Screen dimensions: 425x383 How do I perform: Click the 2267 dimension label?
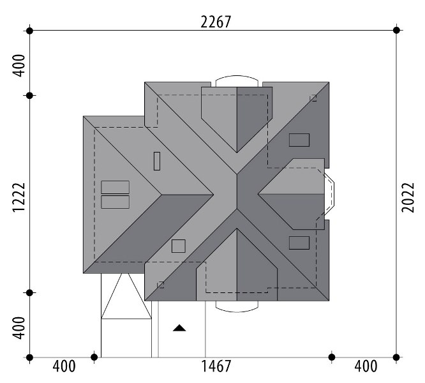(x=216, y=22)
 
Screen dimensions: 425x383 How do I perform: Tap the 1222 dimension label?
(x=19, y=197)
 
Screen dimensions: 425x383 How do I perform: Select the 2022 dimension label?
(x=408, y=198)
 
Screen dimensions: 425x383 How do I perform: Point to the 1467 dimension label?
(x=216, y=366)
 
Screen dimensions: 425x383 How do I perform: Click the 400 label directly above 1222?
(x=19, y=66)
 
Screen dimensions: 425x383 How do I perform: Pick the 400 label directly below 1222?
(x=19, y=327)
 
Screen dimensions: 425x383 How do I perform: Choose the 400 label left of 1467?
(x=64, y=366)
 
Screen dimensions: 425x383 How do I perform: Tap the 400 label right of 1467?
(x=366, y=366)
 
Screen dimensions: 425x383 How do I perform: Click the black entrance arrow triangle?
(x=179, y=328)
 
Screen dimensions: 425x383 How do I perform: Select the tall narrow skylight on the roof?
(x=157, y=161)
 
